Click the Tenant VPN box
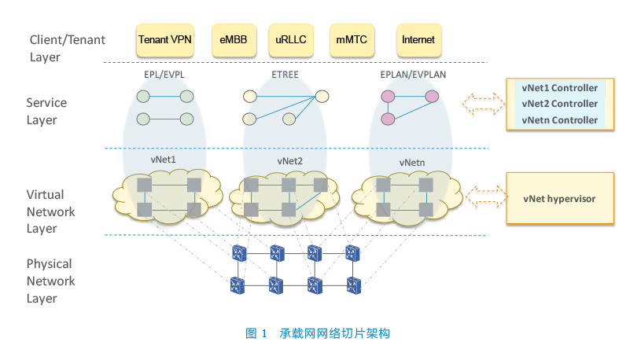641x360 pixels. [164, 40]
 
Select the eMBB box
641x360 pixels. [234, 40]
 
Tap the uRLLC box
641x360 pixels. [291, 40]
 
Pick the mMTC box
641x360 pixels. [352, 40]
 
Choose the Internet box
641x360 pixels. [419, 40]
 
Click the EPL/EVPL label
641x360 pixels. [164, 75]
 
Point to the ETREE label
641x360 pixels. [286, 75]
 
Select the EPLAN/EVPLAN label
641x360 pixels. [413, 75]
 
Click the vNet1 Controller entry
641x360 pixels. [560, 88]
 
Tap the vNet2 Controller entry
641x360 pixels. [560, 104]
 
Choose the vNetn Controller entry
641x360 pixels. [560, 120]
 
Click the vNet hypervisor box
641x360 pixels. [560, 198]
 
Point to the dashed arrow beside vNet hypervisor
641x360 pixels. [487, 197]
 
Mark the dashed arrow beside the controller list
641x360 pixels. [483, 104]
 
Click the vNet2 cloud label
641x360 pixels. [290, 161]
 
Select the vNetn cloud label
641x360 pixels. [412, 163]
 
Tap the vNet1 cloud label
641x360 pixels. [163, 160]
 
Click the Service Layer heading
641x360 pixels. [46, 111]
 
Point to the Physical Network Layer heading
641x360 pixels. [50, 281]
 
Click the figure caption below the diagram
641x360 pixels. [318, 333]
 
